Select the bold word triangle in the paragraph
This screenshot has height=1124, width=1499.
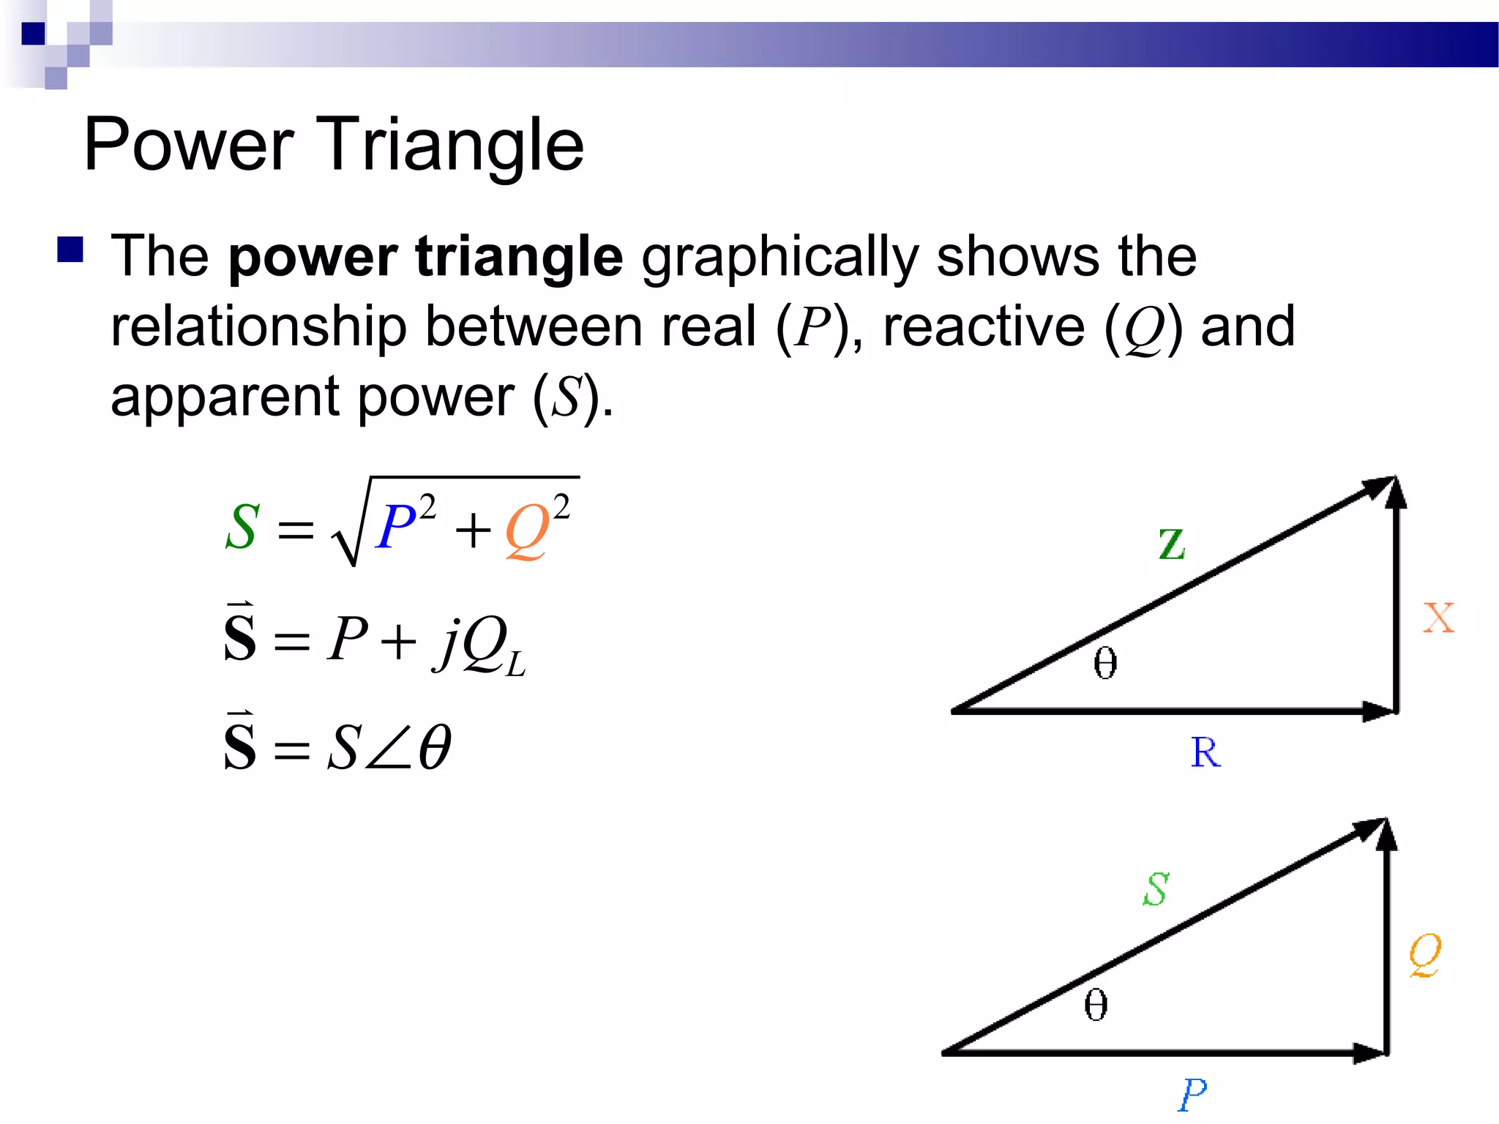(519, 258)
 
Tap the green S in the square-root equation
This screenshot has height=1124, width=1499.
(242, 526)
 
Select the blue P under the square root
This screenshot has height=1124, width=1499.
(396, 526)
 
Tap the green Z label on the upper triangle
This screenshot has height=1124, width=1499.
(1172, 544)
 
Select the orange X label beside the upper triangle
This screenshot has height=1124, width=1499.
(1438, 618)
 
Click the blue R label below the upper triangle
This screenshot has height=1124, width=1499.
(1205, 752)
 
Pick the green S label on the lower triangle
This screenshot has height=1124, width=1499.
(1156, 889)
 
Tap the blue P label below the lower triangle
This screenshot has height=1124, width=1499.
(1192, 1095)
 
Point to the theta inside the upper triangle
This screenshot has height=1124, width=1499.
(1105, 663)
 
